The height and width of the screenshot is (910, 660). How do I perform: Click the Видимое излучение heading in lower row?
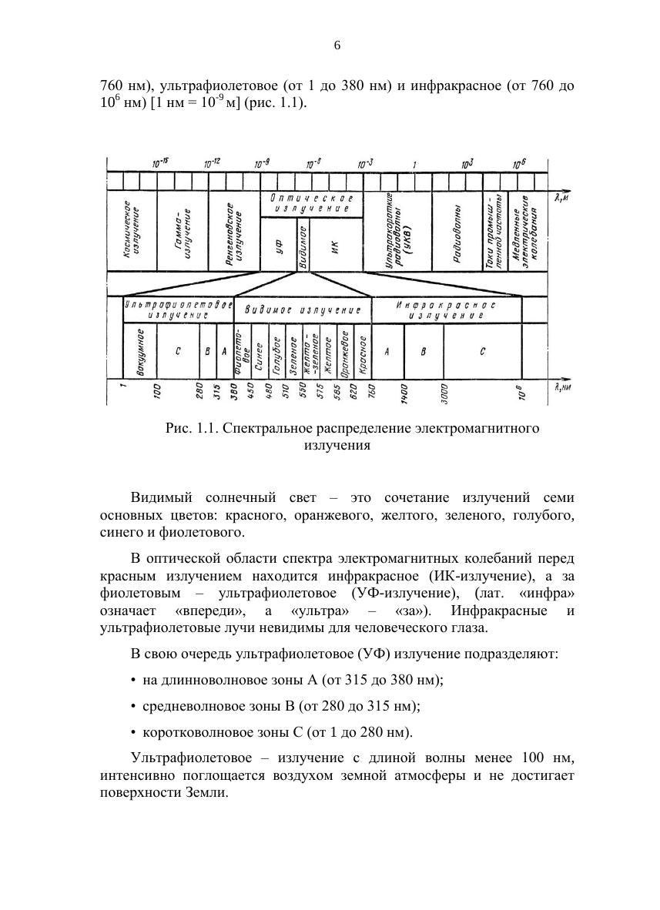pos(303,309)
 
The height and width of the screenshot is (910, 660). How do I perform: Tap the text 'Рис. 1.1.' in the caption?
pos(189,429)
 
